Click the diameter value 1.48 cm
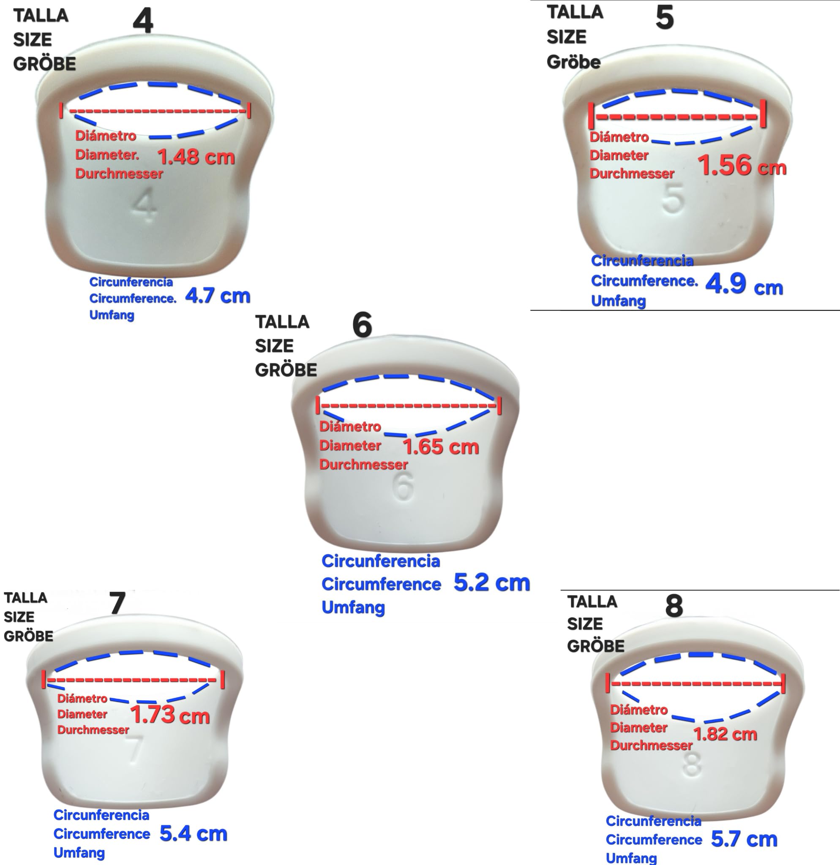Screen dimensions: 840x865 pos(196,157)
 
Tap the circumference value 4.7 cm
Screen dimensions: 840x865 pos(218,295)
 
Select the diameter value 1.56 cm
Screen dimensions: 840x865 pos(742,166)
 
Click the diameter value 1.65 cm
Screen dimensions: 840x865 pos(441,446)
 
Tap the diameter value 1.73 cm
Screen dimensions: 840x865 pos(170,715)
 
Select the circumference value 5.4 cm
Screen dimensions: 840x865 pos(194,833)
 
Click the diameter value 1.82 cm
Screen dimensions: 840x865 pos(725,734)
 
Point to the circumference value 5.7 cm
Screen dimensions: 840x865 pos(744,839)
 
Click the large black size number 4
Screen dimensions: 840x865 pos(143,21)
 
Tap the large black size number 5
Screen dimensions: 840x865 pos(665,18)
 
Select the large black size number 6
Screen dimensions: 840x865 pos(363,325)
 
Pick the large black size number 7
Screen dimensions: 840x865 pos(117,603)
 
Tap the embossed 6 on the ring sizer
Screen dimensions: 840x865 pos(404,486)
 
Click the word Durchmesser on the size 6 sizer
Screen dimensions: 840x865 pos(364,465)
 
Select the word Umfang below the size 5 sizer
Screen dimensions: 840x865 pos(619,301)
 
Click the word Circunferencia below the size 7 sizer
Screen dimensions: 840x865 pos(101,815)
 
